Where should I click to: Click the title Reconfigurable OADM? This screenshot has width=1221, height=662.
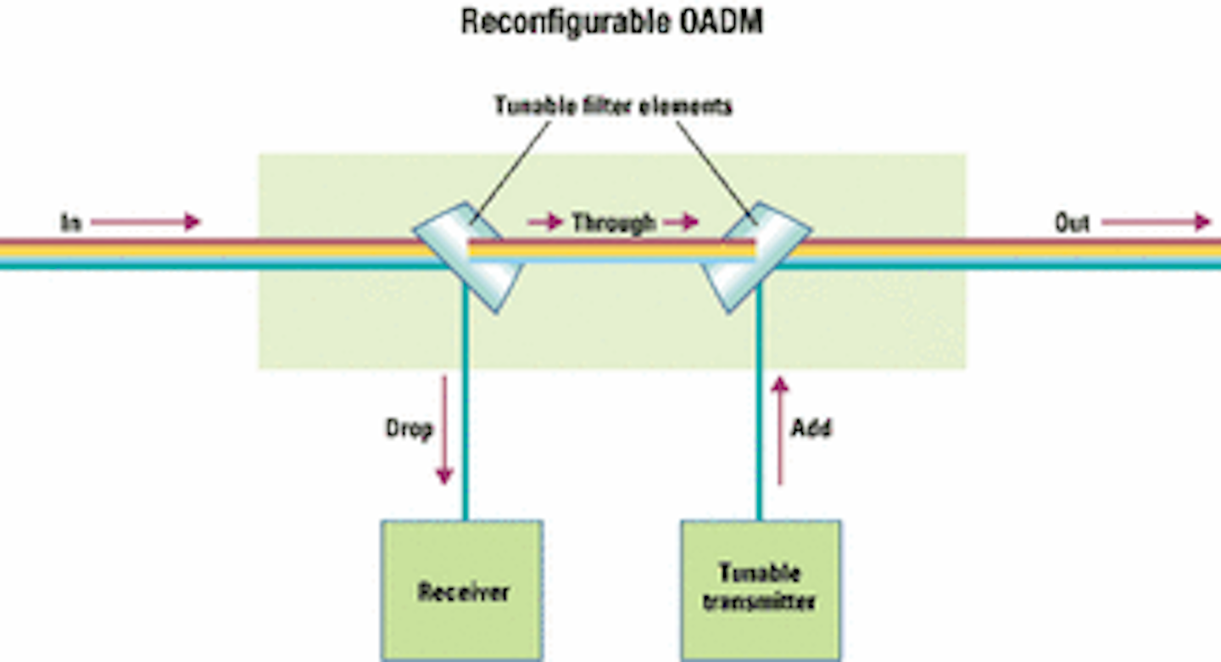click(610, 23)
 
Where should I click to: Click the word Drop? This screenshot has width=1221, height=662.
click(409, 429)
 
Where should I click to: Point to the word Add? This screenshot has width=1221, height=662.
click(811, 429)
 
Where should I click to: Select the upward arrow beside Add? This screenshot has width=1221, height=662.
click(780, 430)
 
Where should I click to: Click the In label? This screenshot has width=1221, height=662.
click(70, 223)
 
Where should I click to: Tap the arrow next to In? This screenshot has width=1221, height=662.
click(145, 223)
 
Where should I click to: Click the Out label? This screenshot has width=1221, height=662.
click(1072, 223)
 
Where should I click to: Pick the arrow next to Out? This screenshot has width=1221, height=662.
click(1156, 223)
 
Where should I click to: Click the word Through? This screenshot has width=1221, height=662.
click(613, 223)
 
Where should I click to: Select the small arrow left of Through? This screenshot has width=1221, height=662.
click(545, 223)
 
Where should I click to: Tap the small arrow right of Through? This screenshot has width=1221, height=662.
click(681, 223)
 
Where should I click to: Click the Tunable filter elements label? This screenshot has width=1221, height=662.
click(613, 107)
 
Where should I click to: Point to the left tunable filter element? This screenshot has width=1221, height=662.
click(468, 255)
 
